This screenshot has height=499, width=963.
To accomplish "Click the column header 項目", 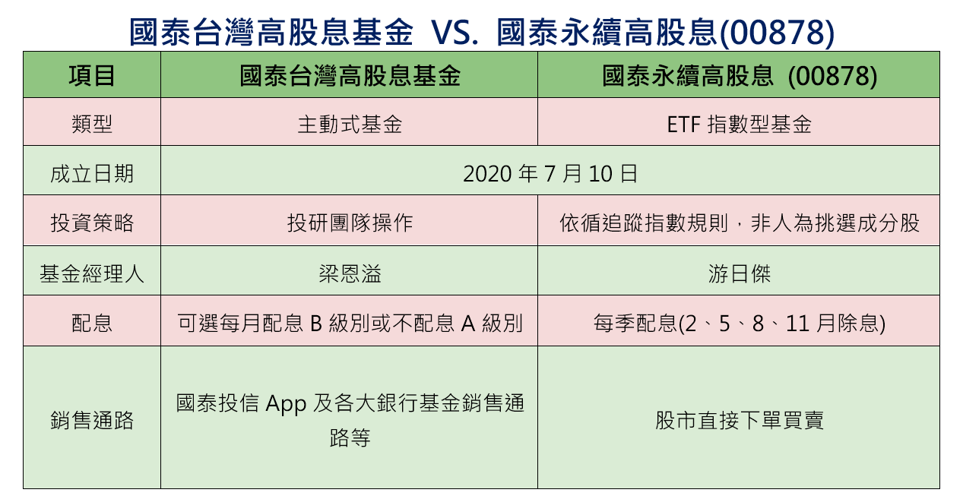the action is [x=91, y=76].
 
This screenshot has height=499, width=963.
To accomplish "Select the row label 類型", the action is [x=91, y=124].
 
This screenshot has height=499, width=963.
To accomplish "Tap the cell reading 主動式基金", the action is [x=350, y=124].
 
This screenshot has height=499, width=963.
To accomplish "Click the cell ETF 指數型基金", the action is [x=739, y=124].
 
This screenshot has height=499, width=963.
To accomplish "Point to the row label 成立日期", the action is [x=91, y=173].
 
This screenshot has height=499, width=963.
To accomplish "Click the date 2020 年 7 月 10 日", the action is [x=550, y=173].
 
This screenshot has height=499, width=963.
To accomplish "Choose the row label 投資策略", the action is [x=91, y=223].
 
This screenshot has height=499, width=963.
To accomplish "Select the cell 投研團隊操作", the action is [x=350, y=223].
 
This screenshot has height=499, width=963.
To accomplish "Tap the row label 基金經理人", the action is [x=91, y=273].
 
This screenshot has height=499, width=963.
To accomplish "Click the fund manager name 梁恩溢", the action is [x=350, y=273].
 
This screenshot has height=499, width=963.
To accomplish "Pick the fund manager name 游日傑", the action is [x=739, y=273].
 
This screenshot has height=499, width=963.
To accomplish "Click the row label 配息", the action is [x=91, y=323].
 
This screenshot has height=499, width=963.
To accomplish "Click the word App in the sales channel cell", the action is [x=286, y=404].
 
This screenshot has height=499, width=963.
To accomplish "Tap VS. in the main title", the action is [x=455, y=32].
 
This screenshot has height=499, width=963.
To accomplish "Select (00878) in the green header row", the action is [x=832, y=77].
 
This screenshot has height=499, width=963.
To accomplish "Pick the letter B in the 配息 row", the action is [x=316, y=324].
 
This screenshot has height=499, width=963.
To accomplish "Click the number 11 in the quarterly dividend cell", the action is [x=798, y=324].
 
